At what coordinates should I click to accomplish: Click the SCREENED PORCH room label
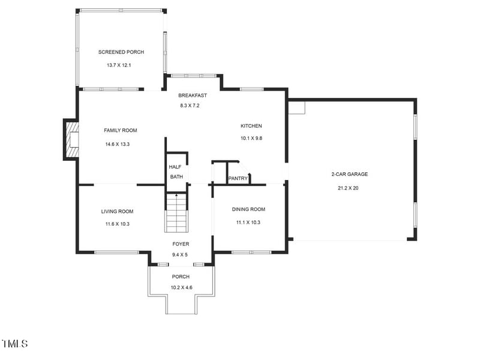(121, 52)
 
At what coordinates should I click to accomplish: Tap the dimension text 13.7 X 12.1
(121, 65)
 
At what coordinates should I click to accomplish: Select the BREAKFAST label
(193, 95)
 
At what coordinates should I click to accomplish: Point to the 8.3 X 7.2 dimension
(190, 106)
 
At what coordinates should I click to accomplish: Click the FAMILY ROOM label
(121, 130)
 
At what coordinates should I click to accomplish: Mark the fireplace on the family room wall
(72, 139)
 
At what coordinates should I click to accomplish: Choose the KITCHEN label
(251, 126)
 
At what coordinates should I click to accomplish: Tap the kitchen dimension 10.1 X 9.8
(251, 138)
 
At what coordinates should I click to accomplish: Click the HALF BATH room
(176, 172)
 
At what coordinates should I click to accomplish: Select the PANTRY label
(238, 178)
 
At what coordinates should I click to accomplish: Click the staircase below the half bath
(176, 214)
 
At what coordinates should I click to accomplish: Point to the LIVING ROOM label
(117, 211)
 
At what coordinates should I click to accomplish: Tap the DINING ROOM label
(248, 209)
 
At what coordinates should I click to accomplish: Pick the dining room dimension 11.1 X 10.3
(248, 222)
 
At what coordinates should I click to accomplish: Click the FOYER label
(181, 244)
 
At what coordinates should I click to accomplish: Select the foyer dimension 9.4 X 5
(180, 255)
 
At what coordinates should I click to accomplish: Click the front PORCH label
(181, 277)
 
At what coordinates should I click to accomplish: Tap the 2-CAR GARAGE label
(349, 175)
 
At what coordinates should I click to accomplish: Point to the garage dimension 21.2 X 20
(348, 188)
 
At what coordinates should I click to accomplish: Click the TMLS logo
(15, 344)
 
